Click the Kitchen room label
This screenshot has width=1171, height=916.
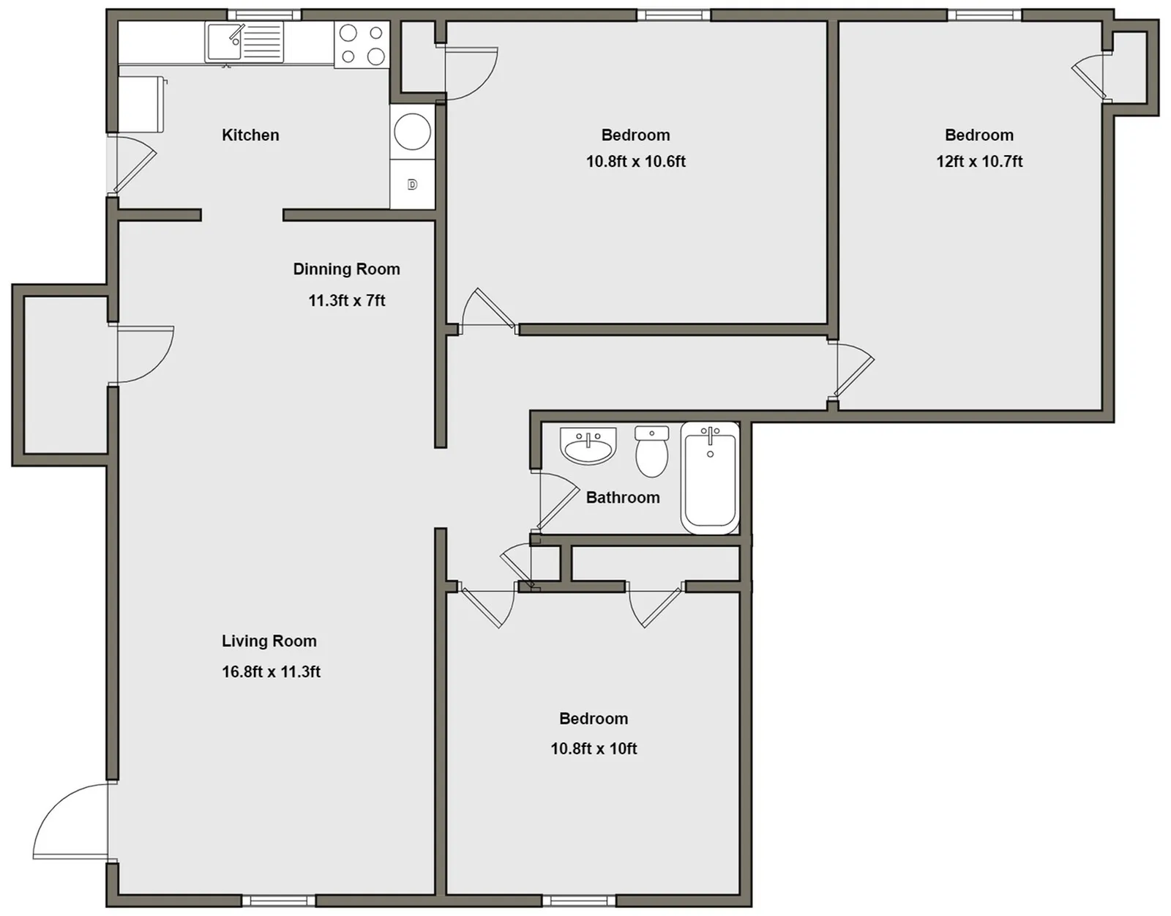coord(250,135)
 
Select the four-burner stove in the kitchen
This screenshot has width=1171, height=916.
coord(362,44)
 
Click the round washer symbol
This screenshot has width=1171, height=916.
coord(412,132)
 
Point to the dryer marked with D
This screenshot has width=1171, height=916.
coord(412,185)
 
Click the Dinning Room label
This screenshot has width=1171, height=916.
coord(346,269)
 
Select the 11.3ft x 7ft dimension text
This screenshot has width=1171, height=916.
coord(346,300)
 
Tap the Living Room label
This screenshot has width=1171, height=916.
coord(269,641)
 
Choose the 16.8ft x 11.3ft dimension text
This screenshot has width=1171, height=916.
coord(271,671)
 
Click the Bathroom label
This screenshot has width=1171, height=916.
coord(623,497)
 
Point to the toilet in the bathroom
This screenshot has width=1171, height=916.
coord(652,451)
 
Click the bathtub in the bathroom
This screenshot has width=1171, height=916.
coord(710,477)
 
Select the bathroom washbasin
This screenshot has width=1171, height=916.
coord(588,446)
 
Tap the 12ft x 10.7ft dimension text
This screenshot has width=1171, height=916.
coord(979,161)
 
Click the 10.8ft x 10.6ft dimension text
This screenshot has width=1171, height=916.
coord(636,161)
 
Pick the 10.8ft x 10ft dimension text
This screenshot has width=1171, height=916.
coord(594,748)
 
